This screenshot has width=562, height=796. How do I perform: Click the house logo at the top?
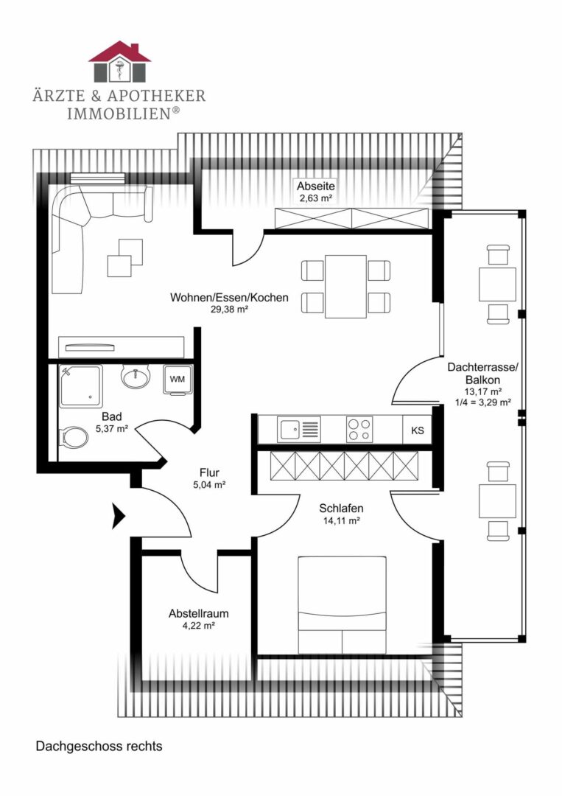(x=119, y=62)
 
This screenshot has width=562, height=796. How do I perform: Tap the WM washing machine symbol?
(x=178, y=379)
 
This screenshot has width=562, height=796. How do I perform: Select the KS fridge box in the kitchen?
(x=418, y=430)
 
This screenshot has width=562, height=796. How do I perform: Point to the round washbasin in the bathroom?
(x=135, y=377)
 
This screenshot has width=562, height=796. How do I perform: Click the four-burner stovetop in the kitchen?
(x=359, y=429)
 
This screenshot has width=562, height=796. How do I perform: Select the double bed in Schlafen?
(x=342, y=604)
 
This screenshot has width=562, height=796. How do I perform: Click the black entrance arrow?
(x=119, y=516)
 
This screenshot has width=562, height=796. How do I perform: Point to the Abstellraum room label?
(x=198, y=613)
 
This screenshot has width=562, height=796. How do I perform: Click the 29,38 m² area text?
(x=229, y=310)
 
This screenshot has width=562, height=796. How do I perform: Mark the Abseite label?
(x=315, y=186)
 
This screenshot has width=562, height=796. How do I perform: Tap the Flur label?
(x=209, y=472)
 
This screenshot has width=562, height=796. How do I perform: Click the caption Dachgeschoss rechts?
(x=99, y=746)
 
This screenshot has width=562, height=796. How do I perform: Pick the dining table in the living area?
(x=345, y=287)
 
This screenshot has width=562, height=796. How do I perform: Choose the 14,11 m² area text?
(x=341, y=520)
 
